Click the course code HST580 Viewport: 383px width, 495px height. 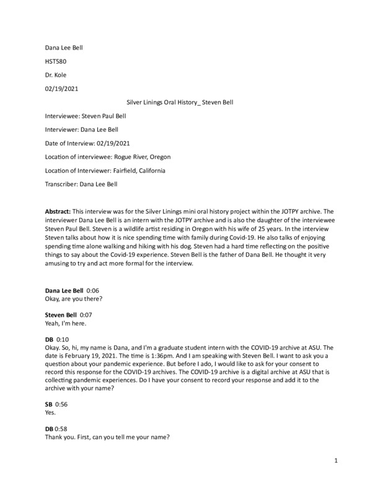tap(56, 61)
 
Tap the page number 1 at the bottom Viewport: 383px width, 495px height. tap(335, 460)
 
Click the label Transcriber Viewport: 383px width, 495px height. tap(64, 184)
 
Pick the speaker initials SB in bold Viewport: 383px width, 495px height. tap(50, 402)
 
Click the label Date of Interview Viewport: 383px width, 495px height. tap(69, 143)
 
